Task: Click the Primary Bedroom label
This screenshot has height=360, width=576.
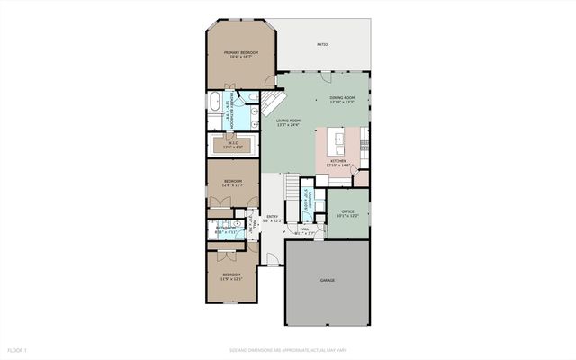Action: click(x=241, y=53)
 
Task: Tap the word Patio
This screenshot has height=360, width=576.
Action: click(x=321, y=44)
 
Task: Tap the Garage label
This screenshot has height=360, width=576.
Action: click(x=328, y=281)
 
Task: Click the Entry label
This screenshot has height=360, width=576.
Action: click(x=273, y=217)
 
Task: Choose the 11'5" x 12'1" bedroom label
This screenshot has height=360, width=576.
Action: click(x=232, y=275)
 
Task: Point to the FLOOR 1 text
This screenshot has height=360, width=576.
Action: click(x=17, y=349)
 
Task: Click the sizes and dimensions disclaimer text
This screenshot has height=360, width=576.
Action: click(x=288, y=349)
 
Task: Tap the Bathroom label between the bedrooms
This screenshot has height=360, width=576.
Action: click(x=224, y=228)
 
